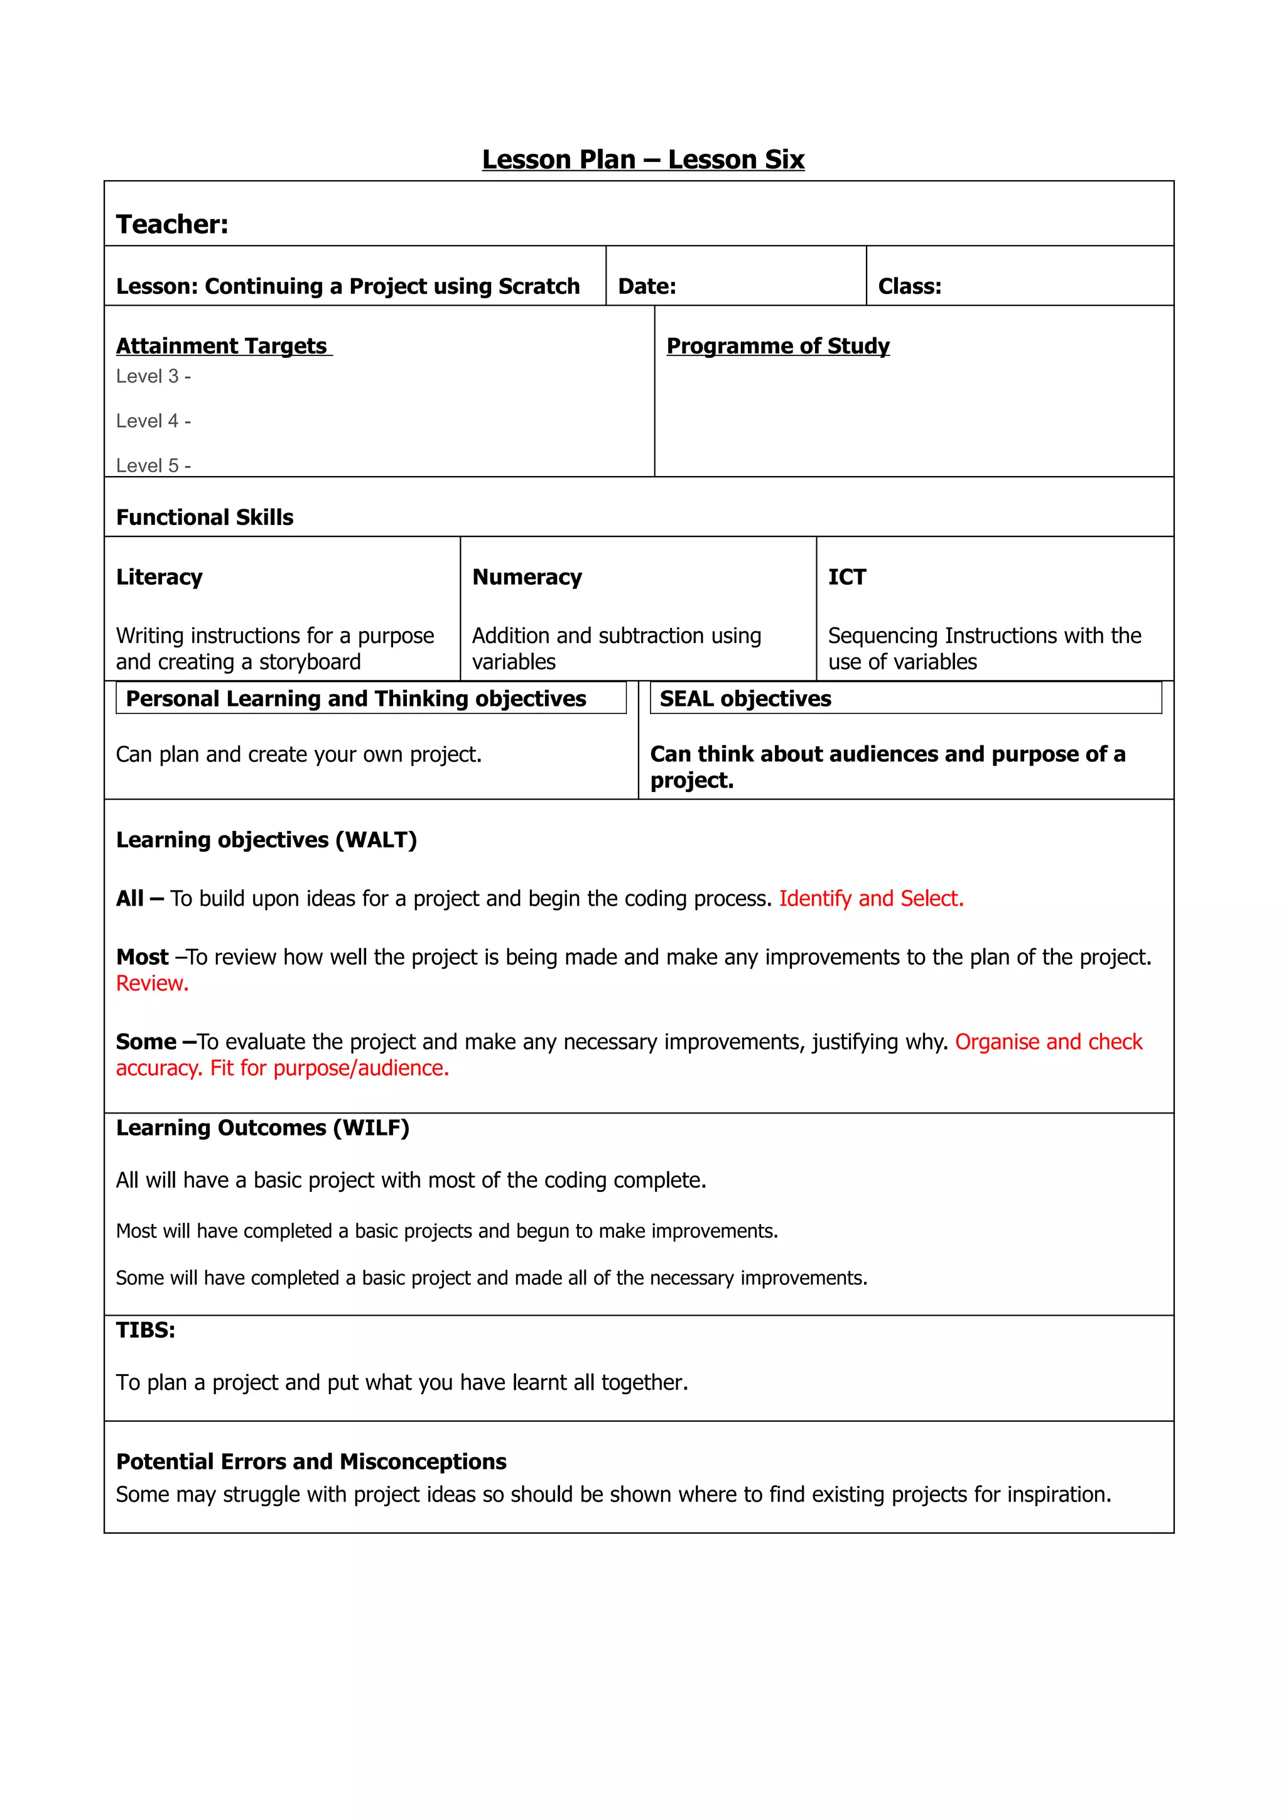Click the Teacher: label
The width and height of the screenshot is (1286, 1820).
click(x=172, y=224)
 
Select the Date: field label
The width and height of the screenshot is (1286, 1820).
click(x=647, y=286)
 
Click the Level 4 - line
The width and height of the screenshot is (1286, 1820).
click(x=153, y=421)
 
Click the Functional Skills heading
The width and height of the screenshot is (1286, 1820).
click(x=205, y=517)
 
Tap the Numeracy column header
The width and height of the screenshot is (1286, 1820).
click(x=527, y=577)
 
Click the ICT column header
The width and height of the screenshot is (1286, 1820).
click(x=846, y=577)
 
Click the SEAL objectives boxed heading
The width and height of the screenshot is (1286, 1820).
click(x=745, y=698)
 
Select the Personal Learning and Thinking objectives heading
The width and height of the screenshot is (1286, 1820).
click(x=356, y=698)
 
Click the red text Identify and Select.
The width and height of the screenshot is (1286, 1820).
click(x=871, y=898)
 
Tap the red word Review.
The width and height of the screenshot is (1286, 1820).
click(x=152, y=983)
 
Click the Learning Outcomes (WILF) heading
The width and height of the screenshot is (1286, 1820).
click(x=262, y=1127)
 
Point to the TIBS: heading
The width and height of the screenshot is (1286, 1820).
click(x=145, y=1330)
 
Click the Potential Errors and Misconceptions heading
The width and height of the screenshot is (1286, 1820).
click(x=311, y=1461)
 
